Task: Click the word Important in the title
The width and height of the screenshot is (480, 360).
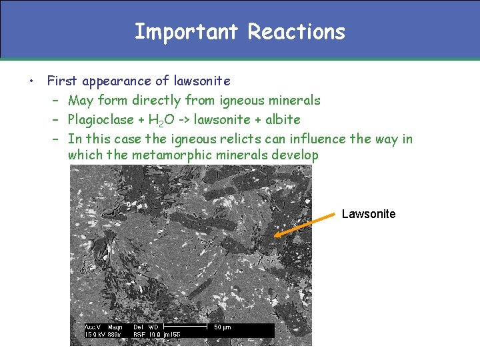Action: click(187, 31)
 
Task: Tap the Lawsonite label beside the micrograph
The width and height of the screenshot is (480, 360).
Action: click(368, 214)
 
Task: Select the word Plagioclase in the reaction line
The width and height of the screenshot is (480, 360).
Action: click(101, 120)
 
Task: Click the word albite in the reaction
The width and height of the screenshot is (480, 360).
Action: click(283, 120)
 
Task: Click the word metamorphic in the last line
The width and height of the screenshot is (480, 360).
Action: click(165, 155)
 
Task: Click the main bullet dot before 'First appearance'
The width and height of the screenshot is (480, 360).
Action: click(31, 82)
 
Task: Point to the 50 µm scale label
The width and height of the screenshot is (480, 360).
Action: click(222, 327)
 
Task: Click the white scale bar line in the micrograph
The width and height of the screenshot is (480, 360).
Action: click(186, 327)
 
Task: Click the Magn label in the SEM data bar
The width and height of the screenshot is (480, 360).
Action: click(115, 327)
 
